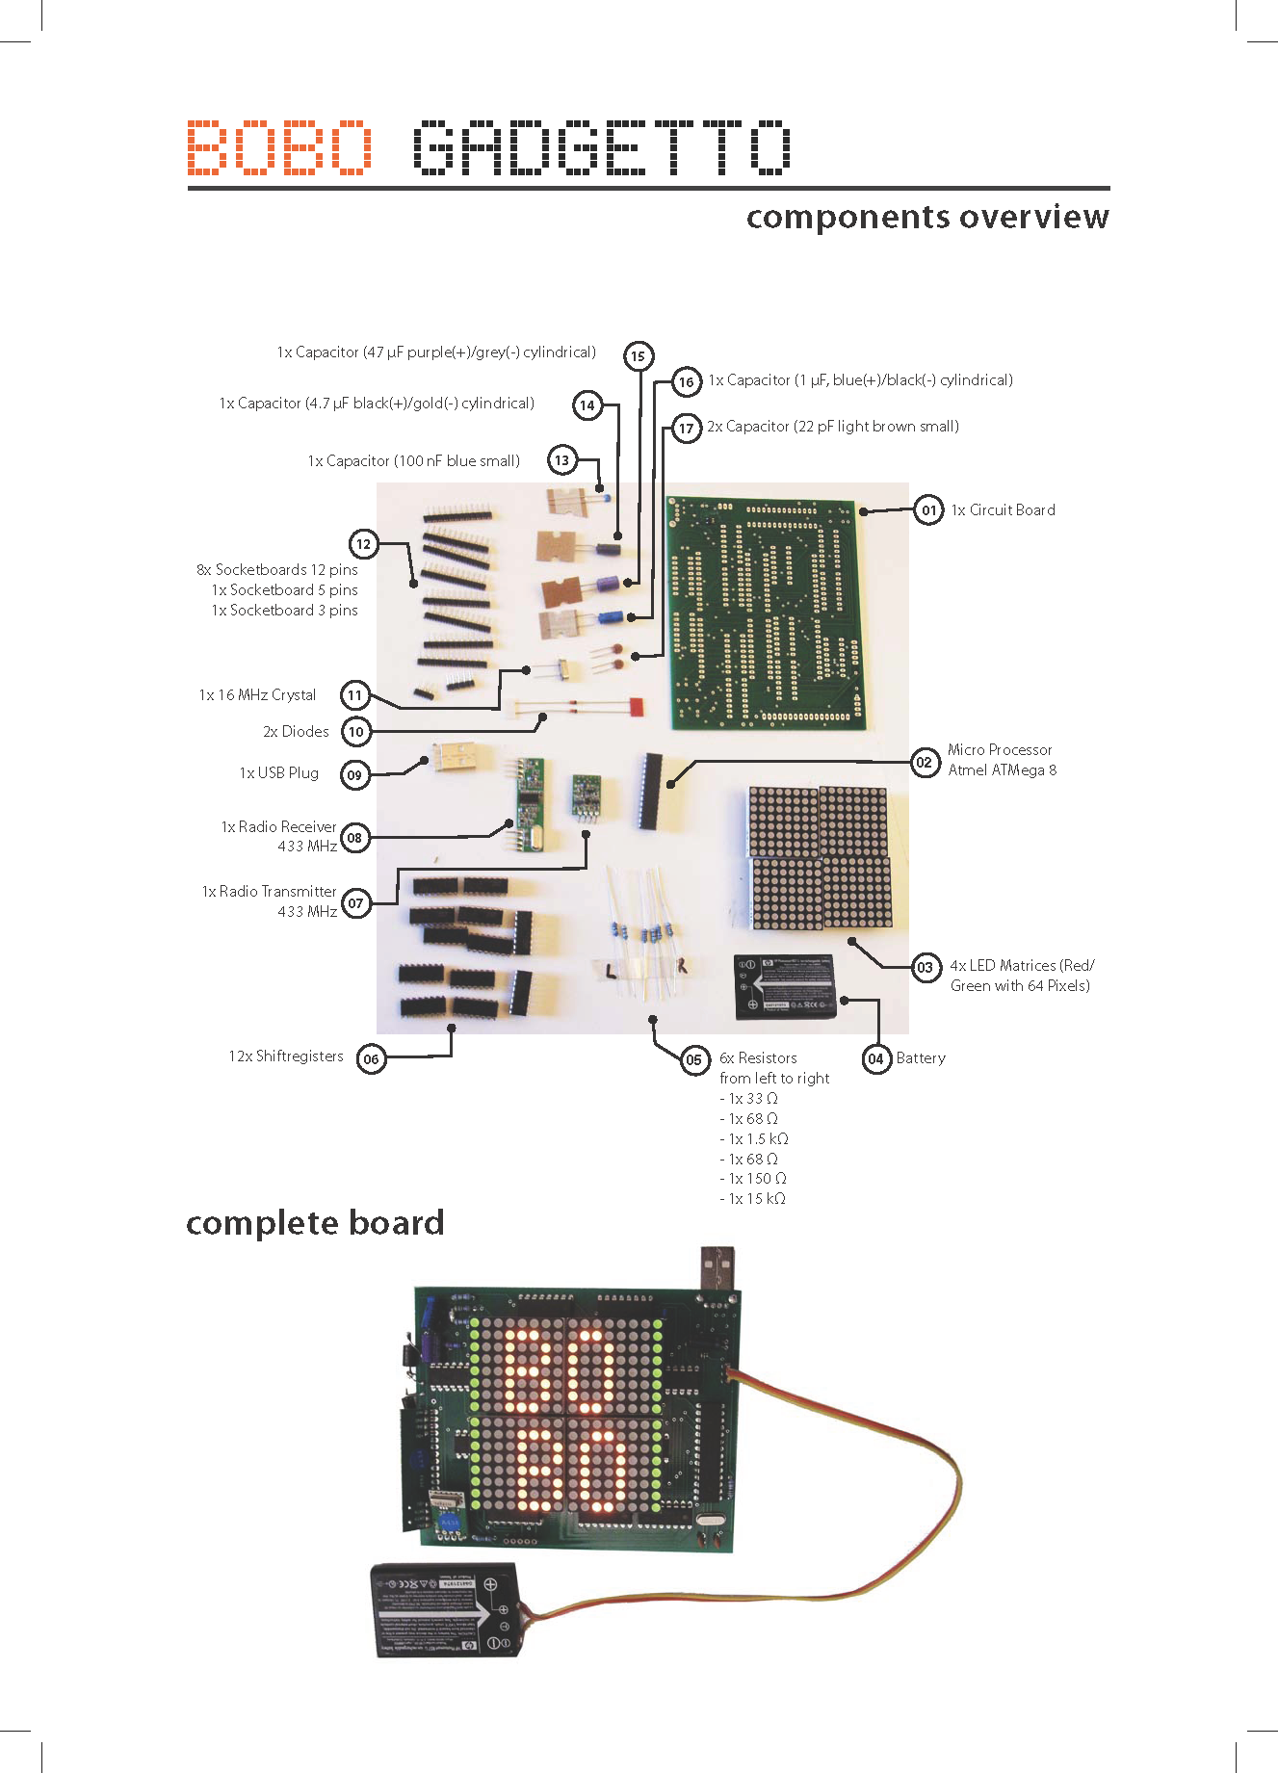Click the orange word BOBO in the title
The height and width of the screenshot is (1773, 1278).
279,147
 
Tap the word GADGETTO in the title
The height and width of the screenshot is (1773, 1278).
602,147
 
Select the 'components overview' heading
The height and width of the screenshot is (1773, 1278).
926,217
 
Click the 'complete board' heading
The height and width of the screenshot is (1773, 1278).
315,1223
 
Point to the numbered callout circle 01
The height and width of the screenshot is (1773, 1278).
928,510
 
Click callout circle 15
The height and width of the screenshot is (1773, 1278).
638,356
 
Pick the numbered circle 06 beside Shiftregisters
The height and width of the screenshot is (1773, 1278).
371,1058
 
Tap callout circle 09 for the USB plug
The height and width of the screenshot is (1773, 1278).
355,774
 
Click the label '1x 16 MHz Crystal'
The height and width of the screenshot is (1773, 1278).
257,695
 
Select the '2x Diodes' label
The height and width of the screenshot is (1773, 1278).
296,732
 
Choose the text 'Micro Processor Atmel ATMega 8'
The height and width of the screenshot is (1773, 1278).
1002,760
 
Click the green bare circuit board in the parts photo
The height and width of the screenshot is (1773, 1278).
766,613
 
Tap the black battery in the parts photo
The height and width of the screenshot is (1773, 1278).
784,986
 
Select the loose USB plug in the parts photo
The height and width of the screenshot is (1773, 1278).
456,757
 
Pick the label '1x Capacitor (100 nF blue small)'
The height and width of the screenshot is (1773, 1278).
414,461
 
